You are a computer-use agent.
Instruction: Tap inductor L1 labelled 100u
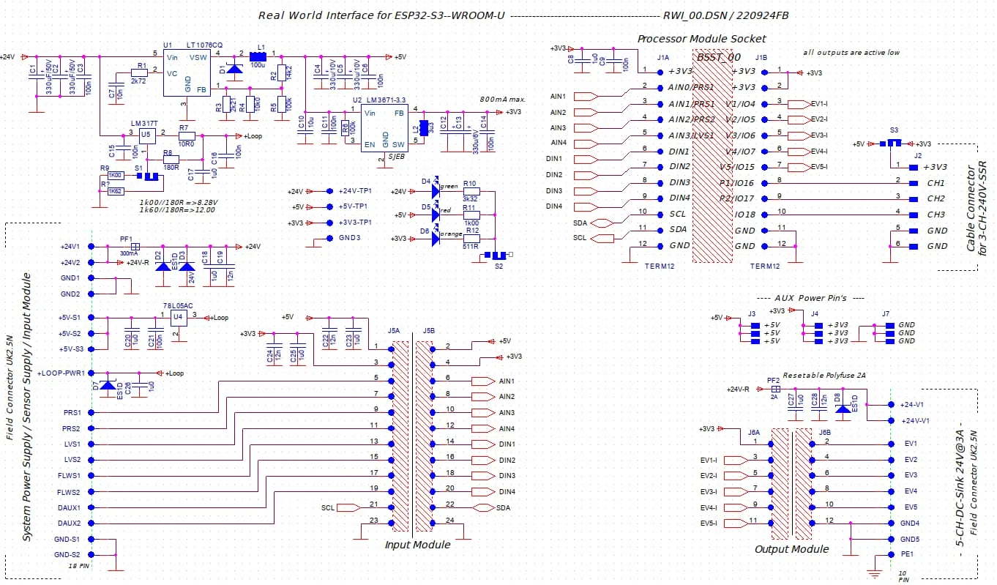[258, 56]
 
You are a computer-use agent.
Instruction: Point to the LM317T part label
[144, 123]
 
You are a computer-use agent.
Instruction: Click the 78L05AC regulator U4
[179, 317]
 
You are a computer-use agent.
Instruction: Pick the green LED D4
[437, 191]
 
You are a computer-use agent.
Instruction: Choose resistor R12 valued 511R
[471, 239]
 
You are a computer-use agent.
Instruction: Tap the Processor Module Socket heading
[701, 39]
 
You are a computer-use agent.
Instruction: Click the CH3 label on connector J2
[936, 215]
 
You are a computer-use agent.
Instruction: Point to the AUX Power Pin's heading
[810, 298]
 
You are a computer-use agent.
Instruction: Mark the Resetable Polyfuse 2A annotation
[824, 375]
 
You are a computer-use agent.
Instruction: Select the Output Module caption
[791, 549]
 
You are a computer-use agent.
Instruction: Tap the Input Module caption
[417, 545]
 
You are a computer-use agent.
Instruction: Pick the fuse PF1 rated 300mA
[134, 247]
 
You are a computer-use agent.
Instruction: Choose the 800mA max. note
[504, 99]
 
